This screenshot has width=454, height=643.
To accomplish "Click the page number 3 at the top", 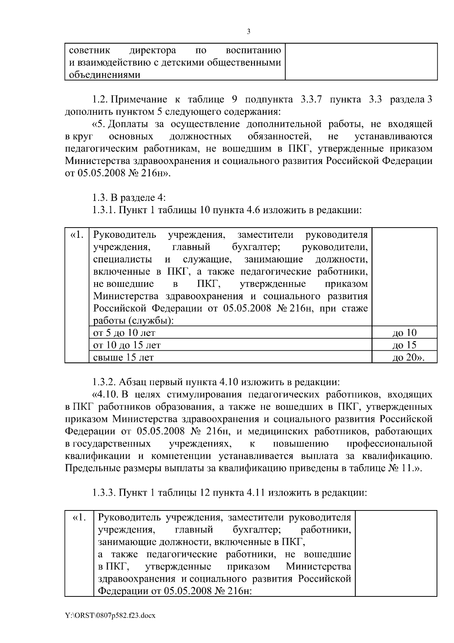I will [248, 32].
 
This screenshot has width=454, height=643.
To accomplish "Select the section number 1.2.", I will [101, 100].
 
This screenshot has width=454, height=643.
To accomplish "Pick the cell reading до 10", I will [404, 333].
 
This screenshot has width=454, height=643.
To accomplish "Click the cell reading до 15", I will [404, 345].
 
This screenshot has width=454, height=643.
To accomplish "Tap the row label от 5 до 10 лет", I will [124, 333].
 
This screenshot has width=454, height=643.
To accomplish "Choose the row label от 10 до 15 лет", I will [127, 345].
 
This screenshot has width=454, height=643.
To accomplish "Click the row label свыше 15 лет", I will [123, 357].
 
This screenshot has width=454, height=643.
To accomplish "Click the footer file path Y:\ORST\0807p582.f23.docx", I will [110, 616].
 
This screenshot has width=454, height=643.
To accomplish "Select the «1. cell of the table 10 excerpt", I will [77, 235].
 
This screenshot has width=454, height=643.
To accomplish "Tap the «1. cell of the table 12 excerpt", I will [79, 517].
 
